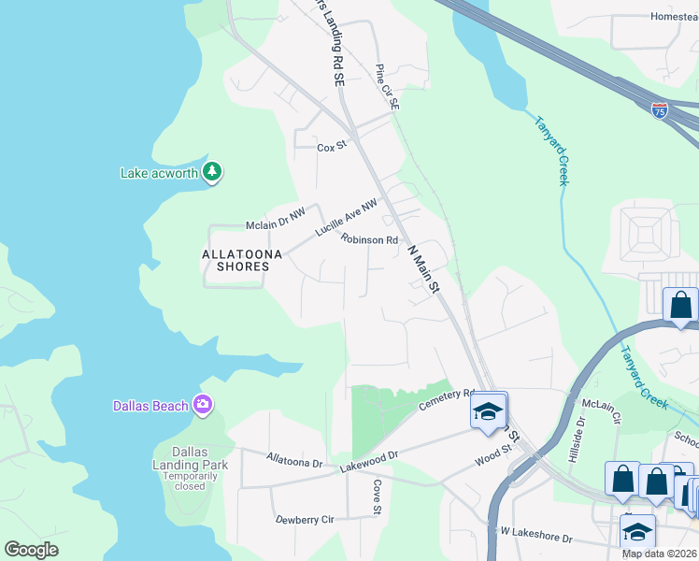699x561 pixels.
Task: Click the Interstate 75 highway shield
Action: [x=660, y=109]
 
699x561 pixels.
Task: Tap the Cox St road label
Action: [x=332, y=147]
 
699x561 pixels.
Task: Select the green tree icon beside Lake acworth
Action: [x=213, y=171]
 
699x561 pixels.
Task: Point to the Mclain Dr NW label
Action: [x=276, y=220]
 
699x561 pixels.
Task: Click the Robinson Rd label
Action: [x=369, y=239]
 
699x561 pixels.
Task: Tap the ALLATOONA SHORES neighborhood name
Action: [x=236, y=259]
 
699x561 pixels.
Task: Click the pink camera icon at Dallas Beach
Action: [x=202, y=404]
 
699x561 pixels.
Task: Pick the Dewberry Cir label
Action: [x=305, y=519]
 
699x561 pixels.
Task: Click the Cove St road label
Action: [x=377, y=497]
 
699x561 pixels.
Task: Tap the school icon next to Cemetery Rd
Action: [x=487, y=410]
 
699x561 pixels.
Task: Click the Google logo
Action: [x=31, y=550]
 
